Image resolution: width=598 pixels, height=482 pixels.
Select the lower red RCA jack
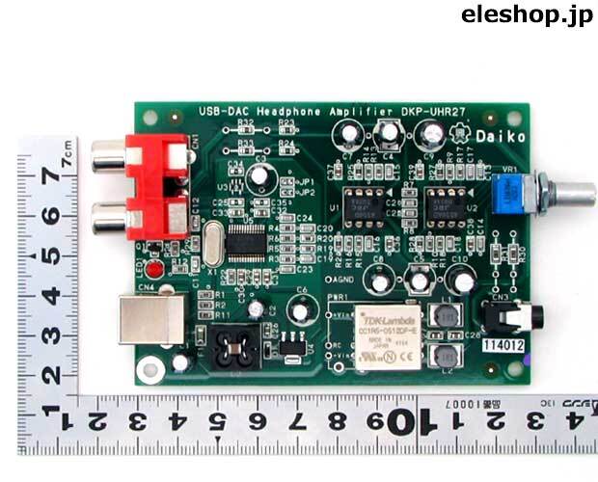pos(154,220)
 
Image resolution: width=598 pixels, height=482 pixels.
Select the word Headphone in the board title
pos(290,112)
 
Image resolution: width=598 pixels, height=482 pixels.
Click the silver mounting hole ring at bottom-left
pos(148,369)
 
